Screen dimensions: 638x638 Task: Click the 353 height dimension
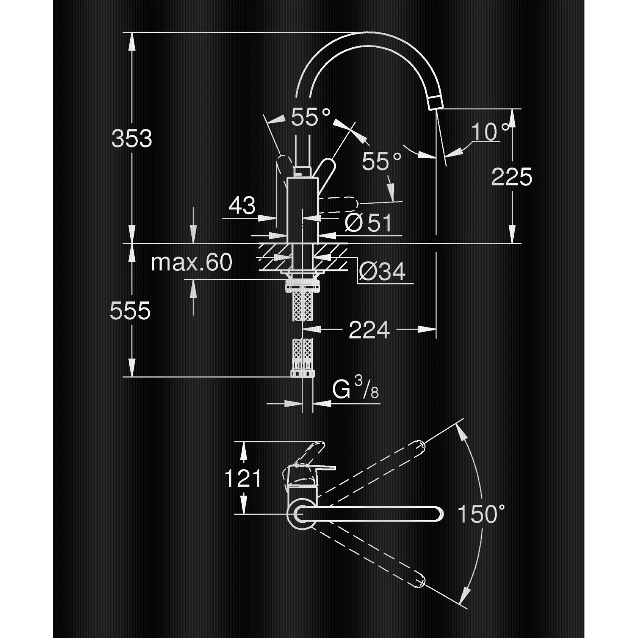click(x=131, y=138)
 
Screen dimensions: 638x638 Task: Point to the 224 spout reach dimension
click(x=369, y=330)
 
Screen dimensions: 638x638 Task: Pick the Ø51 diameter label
click(x=368, y=222)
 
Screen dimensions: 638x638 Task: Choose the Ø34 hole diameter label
click(x=382, y=271)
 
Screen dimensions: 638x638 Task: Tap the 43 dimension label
click(x=242, y=205)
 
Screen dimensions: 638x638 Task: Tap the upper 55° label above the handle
click(x=310, y=117)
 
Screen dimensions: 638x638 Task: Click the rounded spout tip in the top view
click(x=439, y=514)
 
